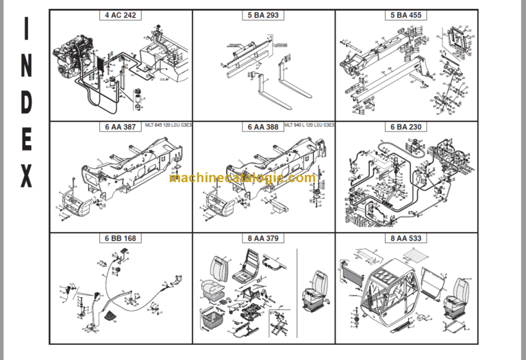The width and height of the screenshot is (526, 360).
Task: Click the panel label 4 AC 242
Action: point(121,15)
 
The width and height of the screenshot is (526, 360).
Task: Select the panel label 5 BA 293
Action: point(263,15)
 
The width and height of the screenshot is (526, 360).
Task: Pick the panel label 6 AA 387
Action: point(121,127)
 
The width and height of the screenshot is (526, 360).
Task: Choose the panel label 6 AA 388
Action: point(263,127)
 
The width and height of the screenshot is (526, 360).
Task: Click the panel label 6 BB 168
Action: point(121,238)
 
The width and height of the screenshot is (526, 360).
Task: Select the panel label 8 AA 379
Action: point(263,238)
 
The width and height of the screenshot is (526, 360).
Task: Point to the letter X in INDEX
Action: point(26,177)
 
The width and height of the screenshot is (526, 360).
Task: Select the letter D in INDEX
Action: point(26,102)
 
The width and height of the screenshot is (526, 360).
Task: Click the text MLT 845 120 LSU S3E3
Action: point(168,125)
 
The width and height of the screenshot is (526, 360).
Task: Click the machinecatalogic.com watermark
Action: point(242,178)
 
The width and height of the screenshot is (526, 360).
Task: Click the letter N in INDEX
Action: point(26,66)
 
